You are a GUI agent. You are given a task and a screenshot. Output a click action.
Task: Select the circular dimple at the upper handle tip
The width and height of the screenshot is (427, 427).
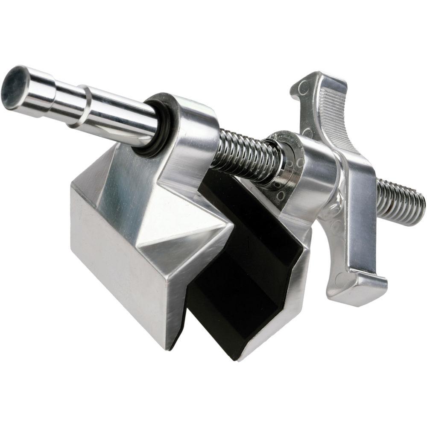[x=304, y=88]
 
